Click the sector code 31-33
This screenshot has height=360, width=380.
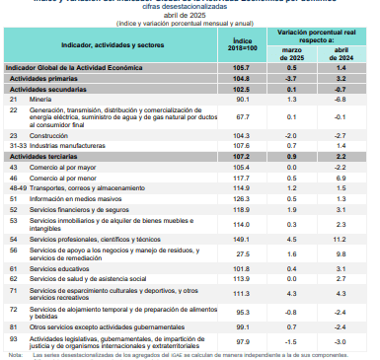tap(16, 144)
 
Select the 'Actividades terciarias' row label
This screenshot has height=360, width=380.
tap(40, 156)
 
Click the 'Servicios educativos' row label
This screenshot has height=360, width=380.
tap(59, 268)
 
